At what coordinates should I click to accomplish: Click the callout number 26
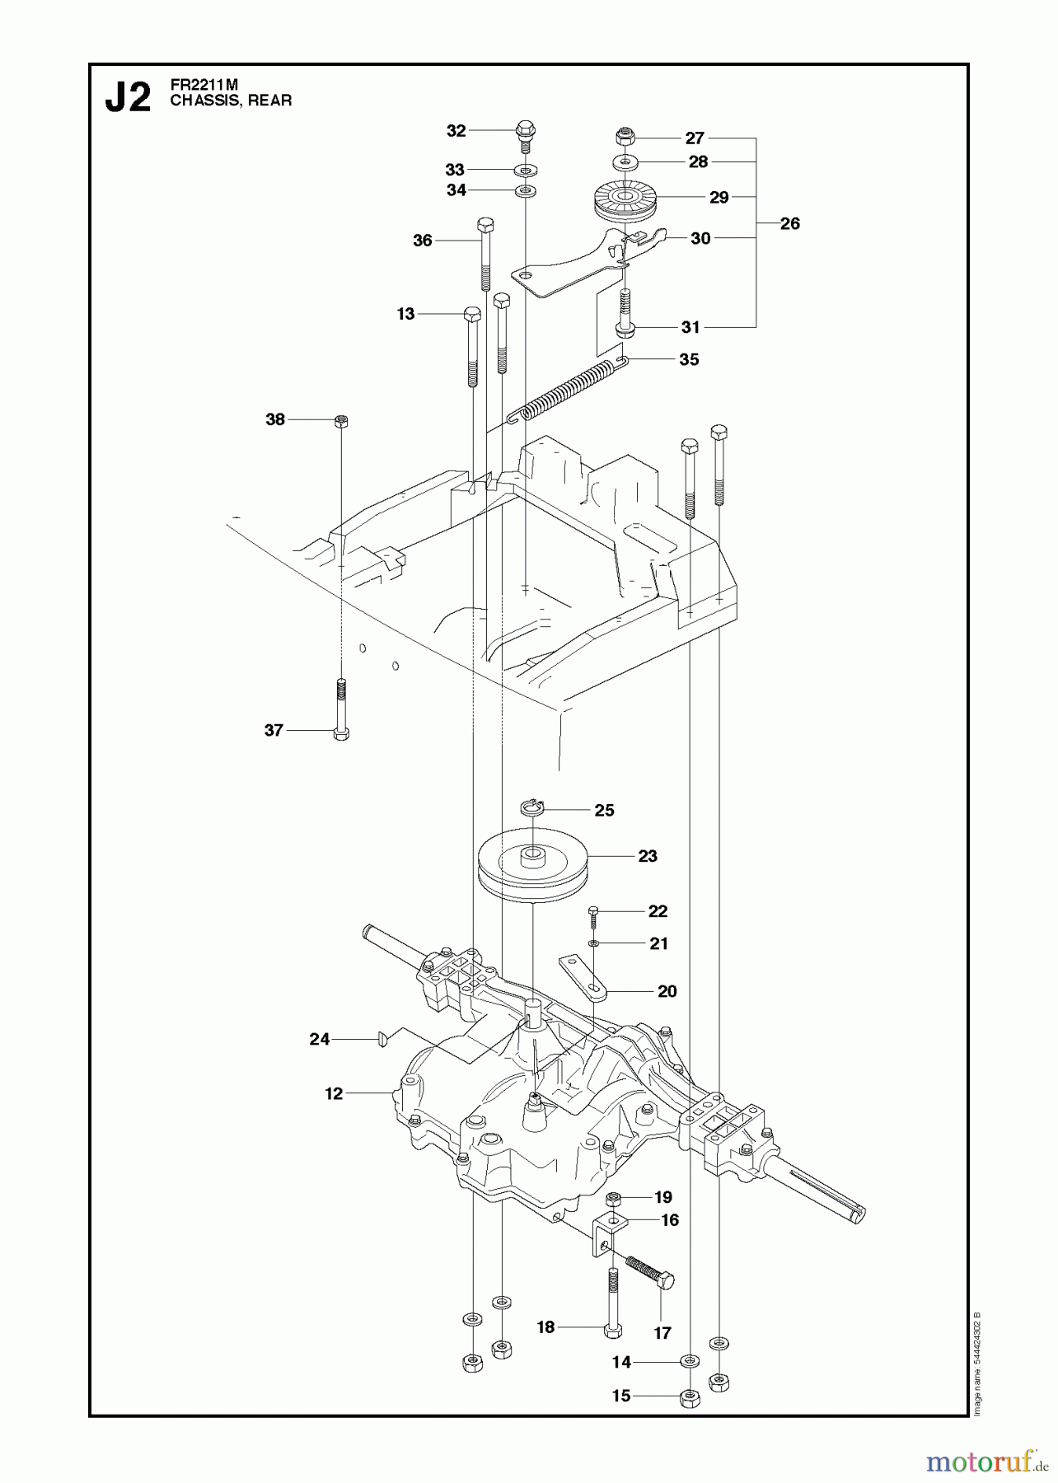789,223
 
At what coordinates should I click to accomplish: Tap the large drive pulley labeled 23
532,872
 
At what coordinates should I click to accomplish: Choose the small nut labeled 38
341,421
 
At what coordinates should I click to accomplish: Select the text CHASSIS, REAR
231,101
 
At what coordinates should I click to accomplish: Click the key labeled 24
382,1040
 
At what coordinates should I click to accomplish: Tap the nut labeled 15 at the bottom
689,1396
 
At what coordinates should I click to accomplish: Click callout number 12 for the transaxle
333,1093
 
